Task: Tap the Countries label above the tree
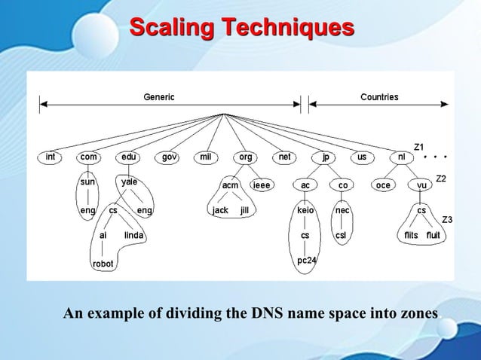coord(379,97)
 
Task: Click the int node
coord(50,157)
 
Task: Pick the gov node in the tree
coord(169,157)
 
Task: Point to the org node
coord(245,157)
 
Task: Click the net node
coord(284,157)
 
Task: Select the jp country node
coord(325,157)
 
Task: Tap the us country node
coord(362,157)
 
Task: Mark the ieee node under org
coord(262,185)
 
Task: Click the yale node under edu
coord(129,182)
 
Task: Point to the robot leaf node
coord(103,264)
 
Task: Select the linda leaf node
coord(134,235)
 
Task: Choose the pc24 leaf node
coord(305,261)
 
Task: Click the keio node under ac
coord(305,211)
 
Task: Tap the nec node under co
coord(342,211)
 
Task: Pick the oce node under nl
coord(382,185)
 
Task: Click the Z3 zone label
coord(446,219)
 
